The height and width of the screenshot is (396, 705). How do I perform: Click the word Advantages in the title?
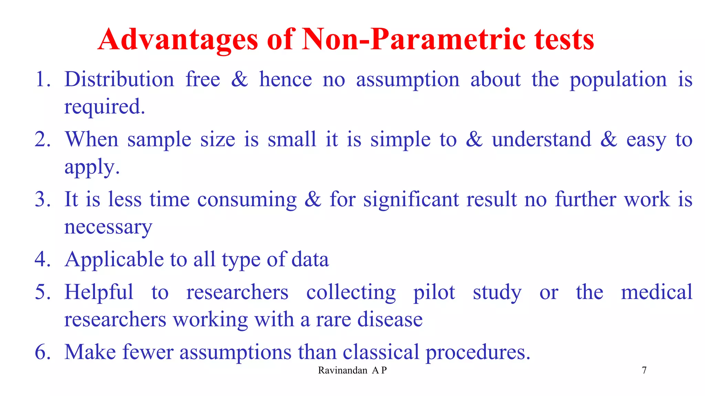pyautogui.click(x=178, y=40)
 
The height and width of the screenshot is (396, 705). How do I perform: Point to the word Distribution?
pyautogui.click(x=119, y=79)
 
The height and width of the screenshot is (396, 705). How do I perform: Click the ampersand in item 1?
pyautogui.click(x=239, y=79)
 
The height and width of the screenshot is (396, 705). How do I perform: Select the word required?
pyautogui.click(x=104, y=107)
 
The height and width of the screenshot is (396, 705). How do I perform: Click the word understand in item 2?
pyautogui.click(x=541, y=140)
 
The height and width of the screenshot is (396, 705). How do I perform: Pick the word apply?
pyautogui.click(x=92, y=167)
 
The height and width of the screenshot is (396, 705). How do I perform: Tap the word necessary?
pyautogui.click(x=108, y=227)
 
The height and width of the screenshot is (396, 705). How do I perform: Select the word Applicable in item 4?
pyautogui.click(x=114, y=260)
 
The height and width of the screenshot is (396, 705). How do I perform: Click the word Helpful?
pyautogui.click(x=99, y=292)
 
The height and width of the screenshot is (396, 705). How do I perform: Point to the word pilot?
pyautogui.click(x=434, y=293)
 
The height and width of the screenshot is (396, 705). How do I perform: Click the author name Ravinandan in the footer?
pyautogui.click(x=343, y=370)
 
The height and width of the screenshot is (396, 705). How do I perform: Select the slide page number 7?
pyautogui.click(x=644, y=370)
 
